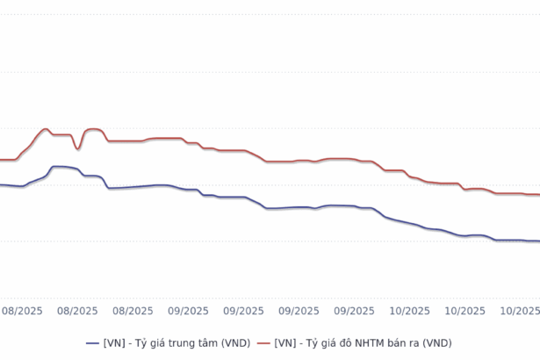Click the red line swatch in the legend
pyautogui.click(x=263, y=342)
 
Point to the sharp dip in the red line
pyautogui.click(x=78, y=148)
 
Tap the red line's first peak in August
pyautogui.click(x=45, y=129)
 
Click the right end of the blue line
pyautogui.click(x=538, y=241)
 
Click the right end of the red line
pyautogui.click(x=538, y=195)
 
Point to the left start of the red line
pyautogui.click(x=1, y=160)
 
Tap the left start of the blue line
pyautogui.click(x=1, y=184)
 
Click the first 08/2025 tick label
pyautogui.click(x=22, y=310)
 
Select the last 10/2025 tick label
pyautogui.click(x=520, y=310)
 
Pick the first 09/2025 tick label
pyautogui.click(x=188, y=310)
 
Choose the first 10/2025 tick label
pyautogui.click(x=409, y=310)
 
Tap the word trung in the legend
pyautogui.click(x=178, y=342)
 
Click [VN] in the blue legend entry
pyautogui.click(x=114, y=342)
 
